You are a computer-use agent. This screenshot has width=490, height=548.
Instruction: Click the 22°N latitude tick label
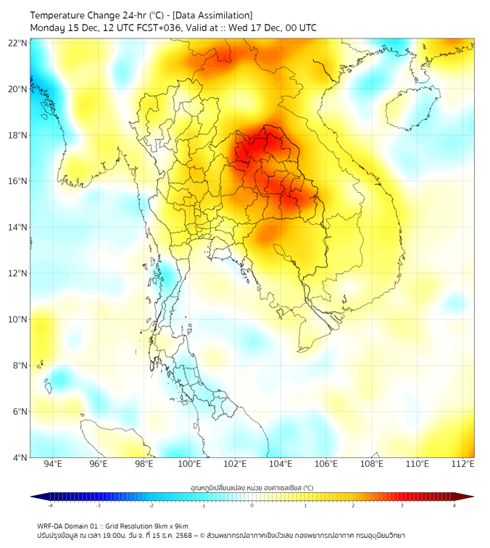pyautogui.click(x=18, y=43)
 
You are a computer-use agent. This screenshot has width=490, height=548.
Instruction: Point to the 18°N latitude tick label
pyautogui.click(x=18, y=135)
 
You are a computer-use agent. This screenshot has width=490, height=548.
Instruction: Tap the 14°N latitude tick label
pyautogui.click(x=18, y=227)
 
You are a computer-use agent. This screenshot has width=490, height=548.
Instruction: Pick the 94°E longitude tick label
pyautogui.click(x=53, y=464)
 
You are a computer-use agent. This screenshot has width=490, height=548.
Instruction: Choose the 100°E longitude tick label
pyautogui.click(x=189, y=464)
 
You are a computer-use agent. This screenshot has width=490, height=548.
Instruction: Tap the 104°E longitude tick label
pyautogui.click(x=281, y=464)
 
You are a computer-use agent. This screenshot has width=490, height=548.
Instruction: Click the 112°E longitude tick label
pyautogui.click(x=463, y=464)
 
